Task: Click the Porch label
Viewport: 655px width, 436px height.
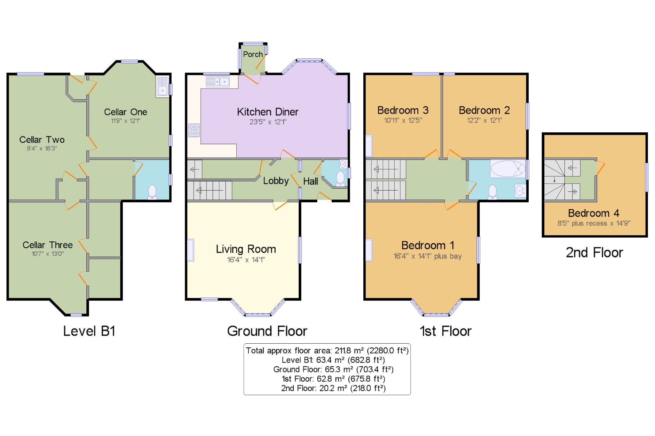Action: [253, 54]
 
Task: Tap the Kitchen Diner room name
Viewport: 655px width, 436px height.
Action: [268, 112]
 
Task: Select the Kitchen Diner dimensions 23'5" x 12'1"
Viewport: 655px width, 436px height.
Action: [268, 122]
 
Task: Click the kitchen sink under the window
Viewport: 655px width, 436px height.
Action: [218, 82]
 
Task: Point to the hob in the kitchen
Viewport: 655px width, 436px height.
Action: [194, 130]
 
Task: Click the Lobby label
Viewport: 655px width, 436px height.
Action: [276, 181]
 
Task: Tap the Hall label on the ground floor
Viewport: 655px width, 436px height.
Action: [311, 181]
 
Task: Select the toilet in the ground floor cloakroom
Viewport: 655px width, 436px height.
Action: [340, 179]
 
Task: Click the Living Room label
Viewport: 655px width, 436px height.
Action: [246, 249]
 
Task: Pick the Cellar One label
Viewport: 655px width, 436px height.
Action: [125, 112]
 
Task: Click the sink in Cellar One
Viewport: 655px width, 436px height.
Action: [162, 87]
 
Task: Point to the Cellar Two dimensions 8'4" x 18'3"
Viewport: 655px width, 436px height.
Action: [42, 148]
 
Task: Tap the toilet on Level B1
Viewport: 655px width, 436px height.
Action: [152, 192]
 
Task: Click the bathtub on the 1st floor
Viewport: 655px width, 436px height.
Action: [508, 169]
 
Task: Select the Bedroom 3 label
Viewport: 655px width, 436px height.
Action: [403, 110]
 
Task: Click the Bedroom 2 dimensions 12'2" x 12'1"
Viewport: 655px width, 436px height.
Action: [485, 121]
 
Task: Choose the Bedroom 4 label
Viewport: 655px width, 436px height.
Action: [594, 213]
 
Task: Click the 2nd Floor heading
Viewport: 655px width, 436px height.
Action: [595, 253]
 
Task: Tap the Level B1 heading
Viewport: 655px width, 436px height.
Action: [89, 331]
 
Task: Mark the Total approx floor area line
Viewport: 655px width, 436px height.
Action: [327, 351]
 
